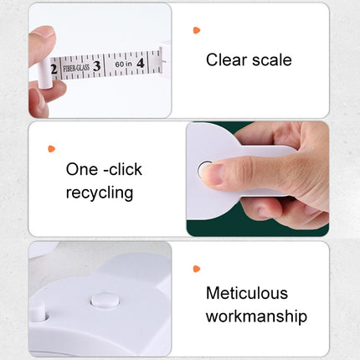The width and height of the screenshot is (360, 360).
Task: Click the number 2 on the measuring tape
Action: pos(54,69)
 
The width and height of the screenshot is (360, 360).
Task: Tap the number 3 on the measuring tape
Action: pos(97,64)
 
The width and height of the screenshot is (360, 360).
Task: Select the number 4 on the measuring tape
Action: pos(140,61)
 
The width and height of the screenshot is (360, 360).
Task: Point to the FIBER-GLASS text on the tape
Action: pos(75,67)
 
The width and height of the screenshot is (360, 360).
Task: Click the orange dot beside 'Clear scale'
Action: pos(197,30)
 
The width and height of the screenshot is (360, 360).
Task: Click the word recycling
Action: pos(99,193)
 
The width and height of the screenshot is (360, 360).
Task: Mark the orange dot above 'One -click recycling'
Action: pos(51,148)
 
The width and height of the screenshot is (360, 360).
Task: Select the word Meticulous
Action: pos(247,293)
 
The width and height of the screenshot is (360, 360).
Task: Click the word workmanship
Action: pos(256,316)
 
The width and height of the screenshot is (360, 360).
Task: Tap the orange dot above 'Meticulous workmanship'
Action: pos(197,269)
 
